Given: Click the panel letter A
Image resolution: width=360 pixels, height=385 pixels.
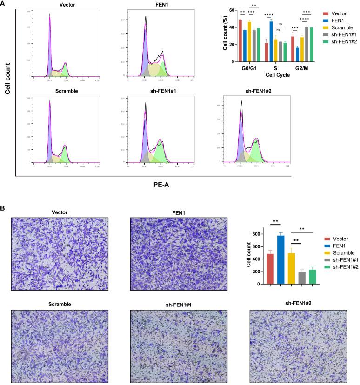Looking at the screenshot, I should tap(4, 4).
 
